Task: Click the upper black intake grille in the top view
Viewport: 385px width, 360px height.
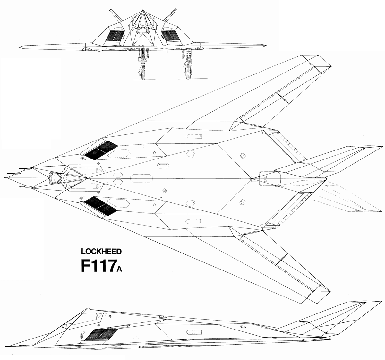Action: pos(100,150)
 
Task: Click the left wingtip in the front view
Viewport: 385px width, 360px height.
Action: pos(20,47)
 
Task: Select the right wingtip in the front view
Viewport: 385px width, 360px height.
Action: pos(265,47)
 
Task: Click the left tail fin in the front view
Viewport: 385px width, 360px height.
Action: pos(114,15)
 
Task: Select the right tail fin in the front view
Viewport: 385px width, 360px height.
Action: pos(169,15)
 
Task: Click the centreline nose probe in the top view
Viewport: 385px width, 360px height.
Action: pos(8,177)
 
